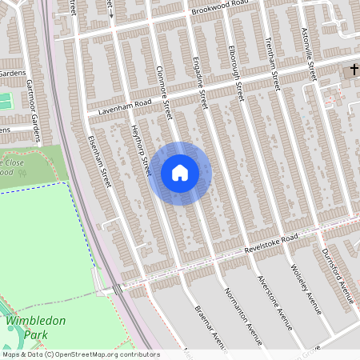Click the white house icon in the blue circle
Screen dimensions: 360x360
pyautogui.click(x=179, y=173)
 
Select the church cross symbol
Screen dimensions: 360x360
pyautogui.click(x=351, y=72)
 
